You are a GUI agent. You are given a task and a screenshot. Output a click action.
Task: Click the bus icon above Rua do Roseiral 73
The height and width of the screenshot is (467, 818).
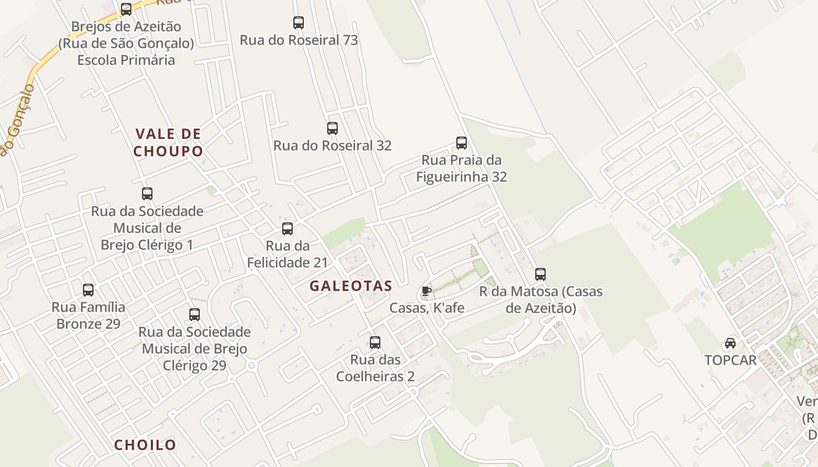[299, 23]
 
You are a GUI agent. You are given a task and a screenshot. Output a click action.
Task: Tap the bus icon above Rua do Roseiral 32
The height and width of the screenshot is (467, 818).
[332, 128]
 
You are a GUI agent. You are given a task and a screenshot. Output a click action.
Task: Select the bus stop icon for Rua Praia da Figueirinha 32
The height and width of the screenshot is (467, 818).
[462, 142]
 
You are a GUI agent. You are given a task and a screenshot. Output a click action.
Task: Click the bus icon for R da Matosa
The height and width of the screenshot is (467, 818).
[540, 274]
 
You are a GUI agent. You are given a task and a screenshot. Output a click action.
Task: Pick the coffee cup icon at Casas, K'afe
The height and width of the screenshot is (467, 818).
[427, 291]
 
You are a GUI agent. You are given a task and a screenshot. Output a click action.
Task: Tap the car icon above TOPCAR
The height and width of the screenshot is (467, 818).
[730, 343]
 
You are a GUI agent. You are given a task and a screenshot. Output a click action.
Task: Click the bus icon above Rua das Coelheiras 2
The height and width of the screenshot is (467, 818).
[375, 342]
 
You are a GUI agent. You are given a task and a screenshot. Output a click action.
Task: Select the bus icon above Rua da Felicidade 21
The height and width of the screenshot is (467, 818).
[287, 228]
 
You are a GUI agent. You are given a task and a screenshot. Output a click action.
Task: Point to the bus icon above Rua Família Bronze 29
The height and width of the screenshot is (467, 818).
[88, 290]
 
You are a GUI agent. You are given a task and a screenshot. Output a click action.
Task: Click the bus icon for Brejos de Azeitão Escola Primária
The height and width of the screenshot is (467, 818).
[126, 9]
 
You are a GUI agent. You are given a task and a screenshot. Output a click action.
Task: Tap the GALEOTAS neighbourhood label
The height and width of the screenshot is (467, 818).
[351, 286]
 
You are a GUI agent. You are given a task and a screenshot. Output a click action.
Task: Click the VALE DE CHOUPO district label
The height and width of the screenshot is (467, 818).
[168, 142]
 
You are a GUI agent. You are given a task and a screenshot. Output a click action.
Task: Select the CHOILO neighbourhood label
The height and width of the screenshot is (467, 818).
[145, 445]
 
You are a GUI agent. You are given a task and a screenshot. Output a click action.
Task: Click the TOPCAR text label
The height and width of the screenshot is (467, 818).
[730, 360]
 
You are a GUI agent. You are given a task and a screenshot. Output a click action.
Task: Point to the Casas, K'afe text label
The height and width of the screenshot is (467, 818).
[427, 308]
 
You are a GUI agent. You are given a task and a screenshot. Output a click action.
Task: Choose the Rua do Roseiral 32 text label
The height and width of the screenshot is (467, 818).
[332, 145]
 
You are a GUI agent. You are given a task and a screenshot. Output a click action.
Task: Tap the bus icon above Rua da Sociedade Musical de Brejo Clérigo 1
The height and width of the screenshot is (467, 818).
[147, 193]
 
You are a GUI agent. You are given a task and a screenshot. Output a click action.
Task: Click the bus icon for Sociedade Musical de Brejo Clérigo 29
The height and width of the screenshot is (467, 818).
[195, 315]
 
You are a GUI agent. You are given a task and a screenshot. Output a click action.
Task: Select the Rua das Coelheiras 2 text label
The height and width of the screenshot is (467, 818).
[375, 368]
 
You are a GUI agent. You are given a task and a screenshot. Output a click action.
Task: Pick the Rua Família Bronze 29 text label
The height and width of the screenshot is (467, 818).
[88, 315]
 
